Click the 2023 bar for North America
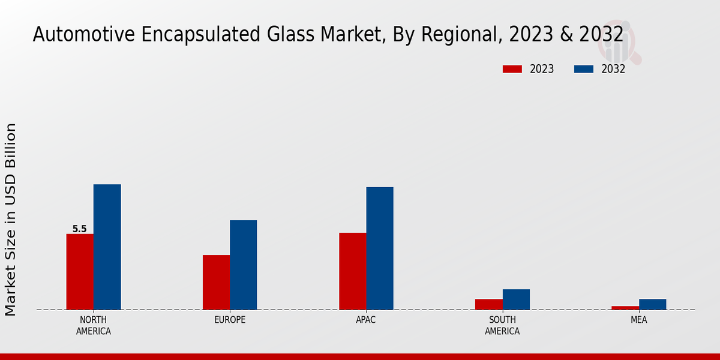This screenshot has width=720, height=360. [80, 271]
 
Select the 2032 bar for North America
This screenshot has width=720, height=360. [107, 247]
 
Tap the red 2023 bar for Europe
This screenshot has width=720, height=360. [216, 282]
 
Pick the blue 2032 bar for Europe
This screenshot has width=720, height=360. [243, 265]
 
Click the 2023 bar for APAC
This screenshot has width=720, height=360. [352, 271]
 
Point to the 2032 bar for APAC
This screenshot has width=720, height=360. [380, 248]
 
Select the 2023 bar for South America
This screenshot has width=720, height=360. [488, 304]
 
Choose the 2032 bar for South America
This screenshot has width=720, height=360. [516, 299]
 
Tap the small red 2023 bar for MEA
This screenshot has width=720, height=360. [625, 308]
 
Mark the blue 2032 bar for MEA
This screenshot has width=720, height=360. [652, 304]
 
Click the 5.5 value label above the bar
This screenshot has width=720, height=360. [79, 229]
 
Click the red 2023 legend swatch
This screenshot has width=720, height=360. [512, 69]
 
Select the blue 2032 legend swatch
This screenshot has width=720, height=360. [583, 69]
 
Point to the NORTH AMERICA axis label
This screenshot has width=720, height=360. [94, 325]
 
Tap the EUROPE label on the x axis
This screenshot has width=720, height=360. [230, 320]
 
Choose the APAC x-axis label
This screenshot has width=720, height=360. [366, 320]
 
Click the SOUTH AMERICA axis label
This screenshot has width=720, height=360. [502, 325]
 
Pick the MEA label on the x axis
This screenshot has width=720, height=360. [638, 320]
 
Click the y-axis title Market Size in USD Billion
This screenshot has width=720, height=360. [11, 219]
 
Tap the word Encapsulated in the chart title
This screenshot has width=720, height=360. [190, 35]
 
